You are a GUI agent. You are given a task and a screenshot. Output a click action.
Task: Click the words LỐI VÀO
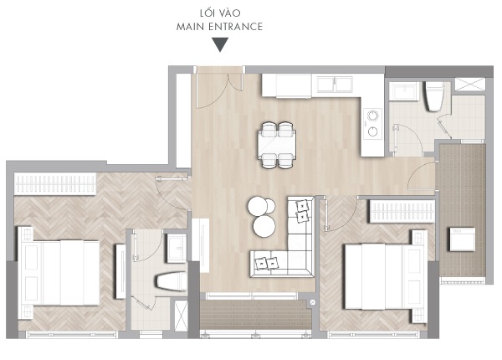[x=220, y=13]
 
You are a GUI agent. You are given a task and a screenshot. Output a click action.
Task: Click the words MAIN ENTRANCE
[x=219, y=27]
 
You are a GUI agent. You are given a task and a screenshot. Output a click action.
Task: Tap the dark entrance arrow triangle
[x=220, y=44]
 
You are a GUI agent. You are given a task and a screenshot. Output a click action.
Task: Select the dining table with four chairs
[x=277, y=145]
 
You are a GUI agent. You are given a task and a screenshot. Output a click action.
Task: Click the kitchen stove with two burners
[x=372, y=124]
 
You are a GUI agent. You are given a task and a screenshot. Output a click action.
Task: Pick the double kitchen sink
[x=335, y=85]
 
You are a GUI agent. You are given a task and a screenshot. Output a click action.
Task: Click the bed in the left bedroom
[x=59, y=273]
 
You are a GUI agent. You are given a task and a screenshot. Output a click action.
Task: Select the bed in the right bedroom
[x=386, y=276]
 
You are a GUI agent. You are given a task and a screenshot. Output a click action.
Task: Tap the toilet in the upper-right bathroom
[x=434, y=96]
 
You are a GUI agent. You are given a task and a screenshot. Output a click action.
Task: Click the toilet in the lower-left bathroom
[x=171, y=281]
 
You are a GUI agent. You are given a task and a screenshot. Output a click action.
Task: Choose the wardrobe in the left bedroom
[x=55, y=184]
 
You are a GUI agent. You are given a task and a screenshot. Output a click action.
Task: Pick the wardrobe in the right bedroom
[x=402, y=211]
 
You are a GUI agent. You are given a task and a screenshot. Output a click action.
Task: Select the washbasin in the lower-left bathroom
[x=177, y=249]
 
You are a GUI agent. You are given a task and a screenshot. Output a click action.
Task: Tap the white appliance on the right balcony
[x=463, y=239]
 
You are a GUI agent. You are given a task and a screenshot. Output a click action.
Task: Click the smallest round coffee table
[x=270, y=206]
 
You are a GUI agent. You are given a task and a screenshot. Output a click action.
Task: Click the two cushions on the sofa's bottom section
[x=267, y=263]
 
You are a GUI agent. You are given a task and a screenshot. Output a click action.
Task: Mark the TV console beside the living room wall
[x=204, y=245]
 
